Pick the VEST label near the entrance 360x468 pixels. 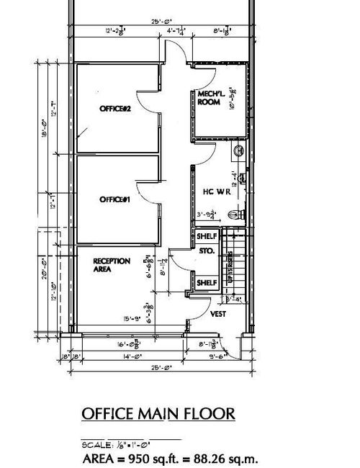(218, 314)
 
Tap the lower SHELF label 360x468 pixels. (207, 283)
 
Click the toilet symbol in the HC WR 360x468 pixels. (232, 214)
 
